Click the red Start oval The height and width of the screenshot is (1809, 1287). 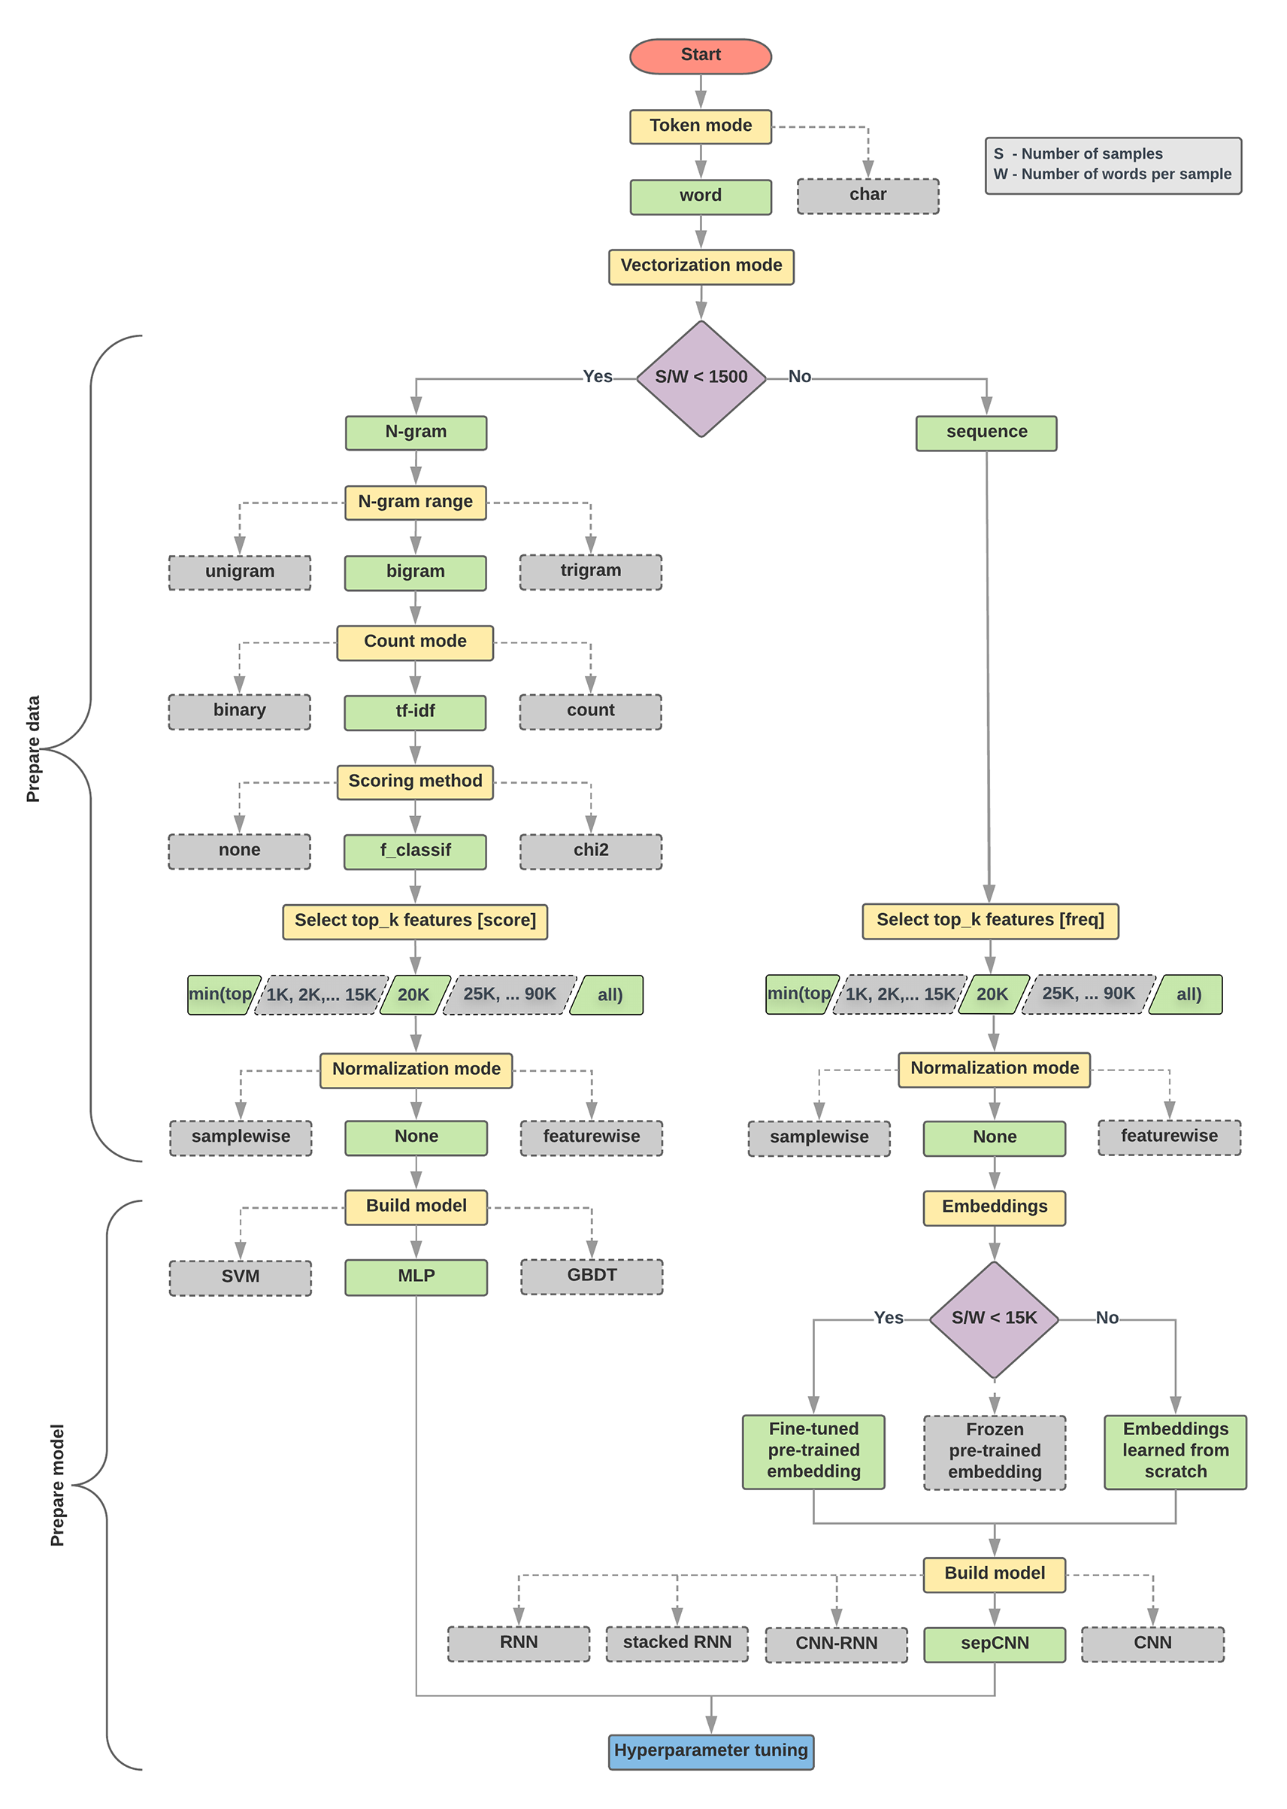(701, 56)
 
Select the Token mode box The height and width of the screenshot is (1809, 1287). (701, 126)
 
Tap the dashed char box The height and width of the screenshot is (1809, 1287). (868, 196)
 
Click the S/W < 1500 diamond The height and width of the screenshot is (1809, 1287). (701, 378)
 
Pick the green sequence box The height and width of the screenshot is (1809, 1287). (986, 433)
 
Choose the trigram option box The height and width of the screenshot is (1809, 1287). (590, 572)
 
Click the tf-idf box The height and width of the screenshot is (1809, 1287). (415, 712)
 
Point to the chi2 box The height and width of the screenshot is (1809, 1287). (590, 851)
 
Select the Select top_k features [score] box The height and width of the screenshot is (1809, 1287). (415, 921)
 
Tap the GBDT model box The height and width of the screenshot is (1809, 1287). (591, 1276)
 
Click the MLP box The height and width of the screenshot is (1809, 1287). (416, 1276)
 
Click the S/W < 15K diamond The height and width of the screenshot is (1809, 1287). (994, 1319)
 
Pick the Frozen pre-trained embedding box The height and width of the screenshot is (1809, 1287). (995, 1452)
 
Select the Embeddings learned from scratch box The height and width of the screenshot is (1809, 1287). (1175, 1451)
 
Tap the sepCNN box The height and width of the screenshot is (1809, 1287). (995, 1644)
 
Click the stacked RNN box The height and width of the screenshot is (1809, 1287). (677, 1644)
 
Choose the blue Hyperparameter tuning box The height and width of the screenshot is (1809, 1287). (711, 1751)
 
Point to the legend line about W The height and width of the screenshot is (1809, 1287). (1112, 175)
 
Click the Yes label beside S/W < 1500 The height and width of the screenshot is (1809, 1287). (598, 378)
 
